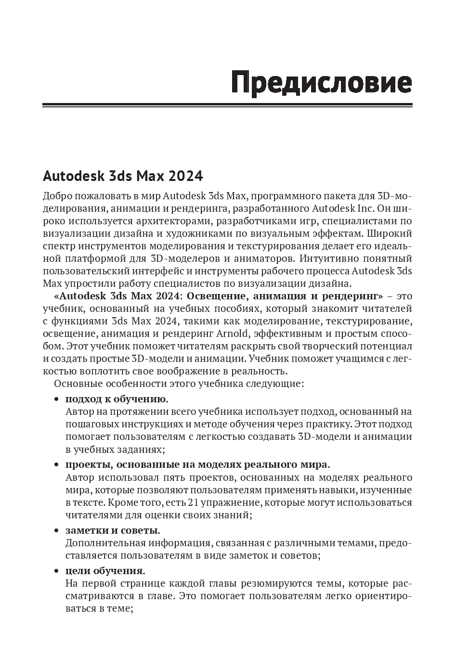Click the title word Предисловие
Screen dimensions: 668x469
click(322, 82)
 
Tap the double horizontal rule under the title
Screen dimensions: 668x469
click(227, 105)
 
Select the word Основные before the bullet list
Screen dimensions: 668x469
click(75, 384)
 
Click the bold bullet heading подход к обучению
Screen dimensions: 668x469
click(117, 399)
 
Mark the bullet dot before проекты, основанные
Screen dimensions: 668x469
click(56, 465)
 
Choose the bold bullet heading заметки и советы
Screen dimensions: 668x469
click(113, 530)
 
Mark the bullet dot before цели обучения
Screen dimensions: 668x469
click(56, 571)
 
